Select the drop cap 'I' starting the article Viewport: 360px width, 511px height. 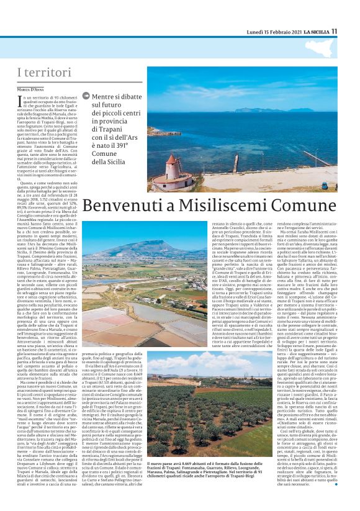[20, 100]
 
